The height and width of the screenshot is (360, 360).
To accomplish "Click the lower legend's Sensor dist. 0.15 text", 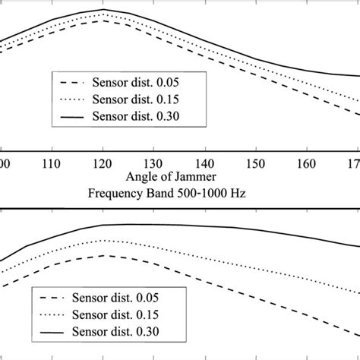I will pos(122,314).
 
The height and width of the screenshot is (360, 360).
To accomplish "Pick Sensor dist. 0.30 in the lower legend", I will pos(122,331).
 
